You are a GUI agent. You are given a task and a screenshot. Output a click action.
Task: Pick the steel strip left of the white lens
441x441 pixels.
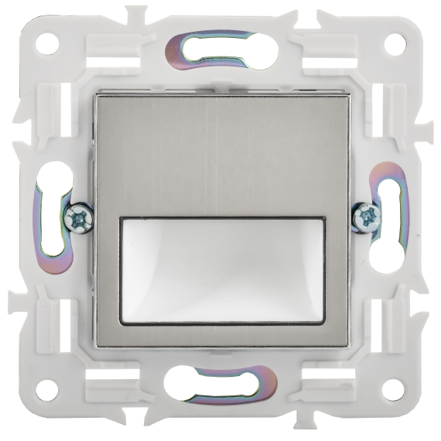(108, 271)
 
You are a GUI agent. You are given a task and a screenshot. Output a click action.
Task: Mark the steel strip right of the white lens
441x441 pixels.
(335, 271)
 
